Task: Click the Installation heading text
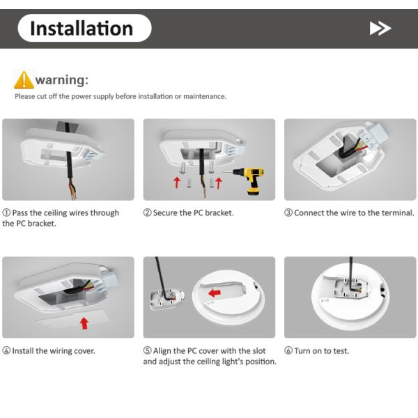[82, 29]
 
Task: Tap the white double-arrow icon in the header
[380, 29]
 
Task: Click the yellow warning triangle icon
[24, 79]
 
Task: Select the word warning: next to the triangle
[61, 79]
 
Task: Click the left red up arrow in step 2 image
[177, 183]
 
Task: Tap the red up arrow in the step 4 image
[84, 323]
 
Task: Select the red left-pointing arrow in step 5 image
[215, 294]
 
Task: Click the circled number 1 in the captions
[6, 212]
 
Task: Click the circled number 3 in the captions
[288, 212]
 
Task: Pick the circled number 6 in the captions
[288, 350]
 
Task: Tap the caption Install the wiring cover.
[54, 350]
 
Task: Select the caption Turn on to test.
[322, 350]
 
